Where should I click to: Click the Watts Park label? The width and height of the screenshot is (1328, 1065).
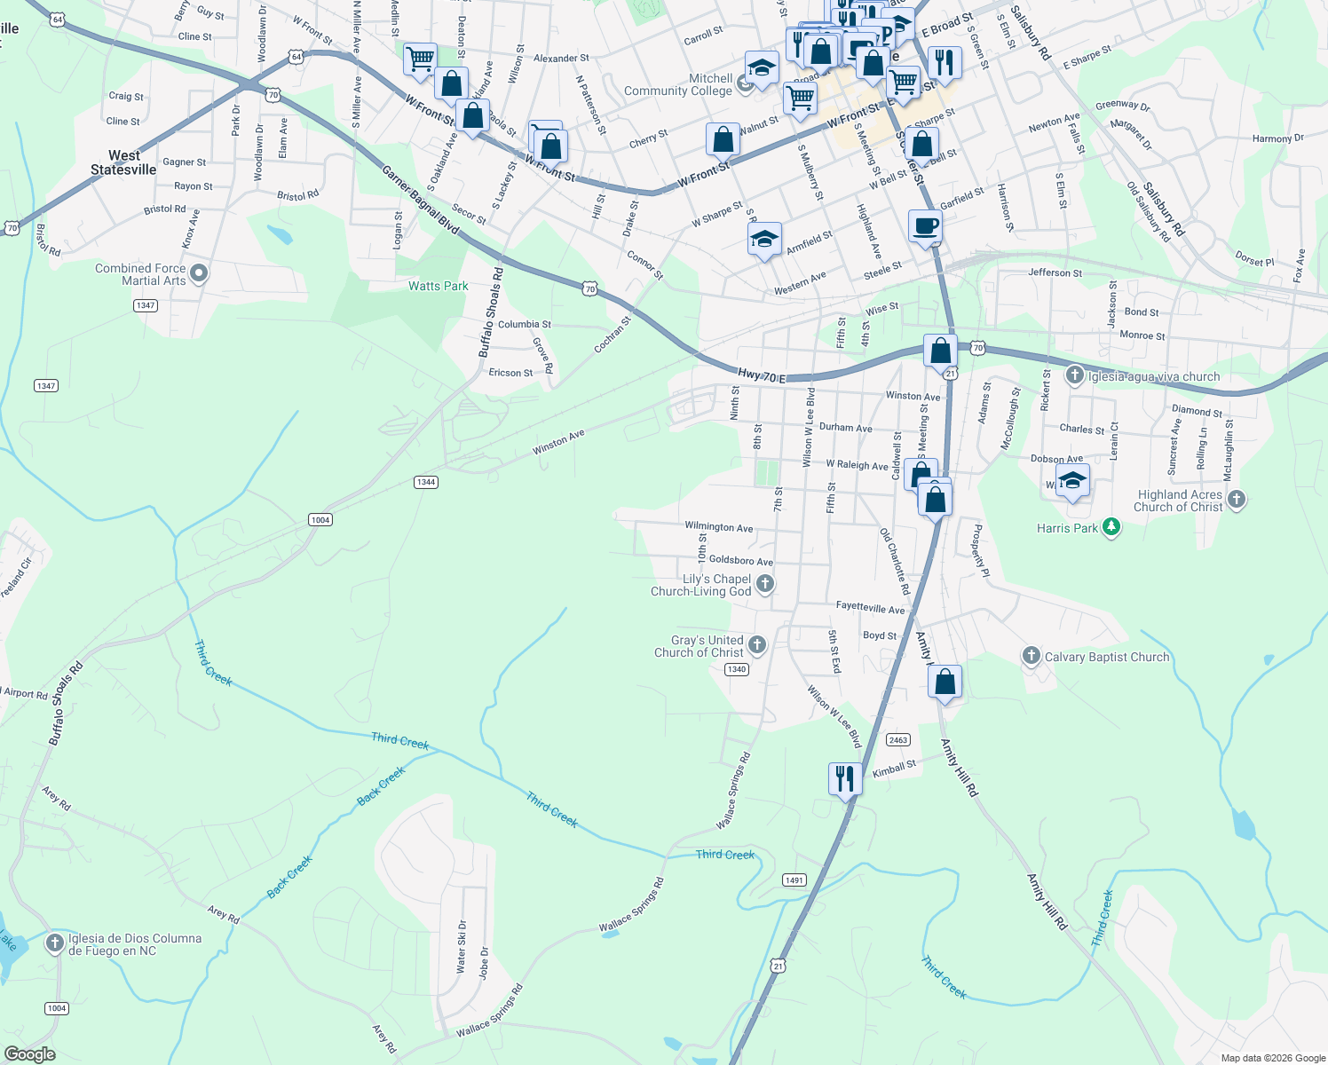tap(438, 286)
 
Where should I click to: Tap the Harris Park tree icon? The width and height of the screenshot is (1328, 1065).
tap(1111, 527)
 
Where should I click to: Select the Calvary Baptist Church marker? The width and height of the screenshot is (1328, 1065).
tap(1031, 656)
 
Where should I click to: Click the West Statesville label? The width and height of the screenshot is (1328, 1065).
tap(123, 162)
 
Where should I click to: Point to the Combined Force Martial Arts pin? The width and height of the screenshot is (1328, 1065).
tap(199, 273)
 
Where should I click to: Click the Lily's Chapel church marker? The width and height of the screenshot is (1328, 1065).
tap(765, 584)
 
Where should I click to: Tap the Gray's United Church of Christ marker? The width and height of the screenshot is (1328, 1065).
tap(757, 645)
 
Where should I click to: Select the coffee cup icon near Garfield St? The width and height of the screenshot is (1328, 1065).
tap(925, 226)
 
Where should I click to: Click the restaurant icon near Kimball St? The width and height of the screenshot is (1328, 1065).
tap(844, 778)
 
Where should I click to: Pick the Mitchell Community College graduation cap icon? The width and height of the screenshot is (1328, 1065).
tap(761, 67)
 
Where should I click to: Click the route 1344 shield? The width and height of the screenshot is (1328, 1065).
tap(425, 482)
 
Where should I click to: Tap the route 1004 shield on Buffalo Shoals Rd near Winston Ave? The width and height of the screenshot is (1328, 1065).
tap(320, 520)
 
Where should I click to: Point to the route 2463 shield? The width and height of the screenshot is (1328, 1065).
tap(898, 740)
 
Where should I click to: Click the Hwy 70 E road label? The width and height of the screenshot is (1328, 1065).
tap(762, 378)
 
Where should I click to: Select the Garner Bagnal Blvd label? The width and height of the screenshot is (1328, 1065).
tap(420, 200)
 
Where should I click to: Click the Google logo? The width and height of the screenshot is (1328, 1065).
tap(29, 1054)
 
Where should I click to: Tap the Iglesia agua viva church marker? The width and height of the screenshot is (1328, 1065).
tap(1075, 375)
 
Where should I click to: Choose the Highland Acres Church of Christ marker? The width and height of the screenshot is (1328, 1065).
tap(1237, 500)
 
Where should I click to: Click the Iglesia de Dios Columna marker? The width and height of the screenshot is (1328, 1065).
tap(55, 943)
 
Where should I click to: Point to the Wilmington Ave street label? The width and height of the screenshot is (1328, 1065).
tap(718, 527)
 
